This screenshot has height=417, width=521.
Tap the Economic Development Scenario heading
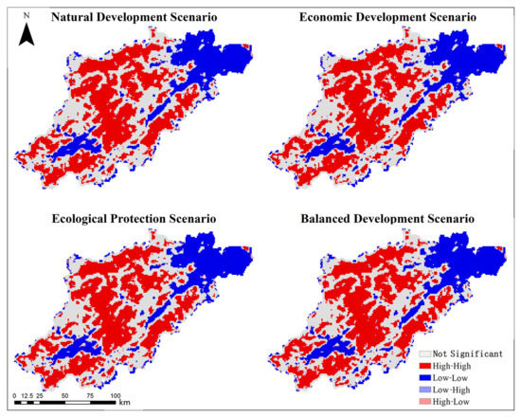pyautogui.click(x=386, y=17)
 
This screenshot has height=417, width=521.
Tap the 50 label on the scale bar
pyautogui.click(x=64, y=393)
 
